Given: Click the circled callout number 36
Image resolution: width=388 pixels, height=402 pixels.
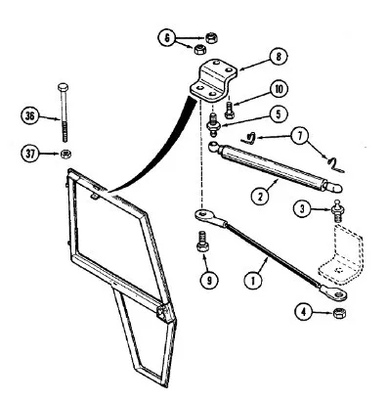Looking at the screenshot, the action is click(x=29, y=116).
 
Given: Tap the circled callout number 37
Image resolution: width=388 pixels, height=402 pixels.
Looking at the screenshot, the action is click(x=30, y=153).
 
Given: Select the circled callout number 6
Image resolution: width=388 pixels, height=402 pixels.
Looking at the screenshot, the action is click(x=167, y=38).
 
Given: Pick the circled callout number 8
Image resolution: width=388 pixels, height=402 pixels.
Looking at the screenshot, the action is click(x=279, y=57).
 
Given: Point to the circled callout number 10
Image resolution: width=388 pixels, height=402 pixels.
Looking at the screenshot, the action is click(x=279, y=89).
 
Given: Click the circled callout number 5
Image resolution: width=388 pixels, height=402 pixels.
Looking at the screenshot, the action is click(x=278, y=113).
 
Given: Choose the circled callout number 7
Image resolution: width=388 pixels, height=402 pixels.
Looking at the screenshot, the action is click(x=300, y=137).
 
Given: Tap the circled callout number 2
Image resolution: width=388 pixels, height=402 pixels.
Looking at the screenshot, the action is click(x=260, y=197).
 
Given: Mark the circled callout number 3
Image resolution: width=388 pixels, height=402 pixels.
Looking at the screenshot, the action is click(x=302, y=208).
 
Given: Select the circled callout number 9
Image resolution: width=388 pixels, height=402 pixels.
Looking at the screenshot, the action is click(x=208, y=280).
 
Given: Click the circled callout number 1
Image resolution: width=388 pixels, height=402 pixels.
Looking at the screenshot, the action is click(x=253, y=280).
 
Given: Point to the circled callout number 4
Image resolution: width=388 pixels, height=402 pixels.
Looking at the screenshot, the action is click(x=304, y=312).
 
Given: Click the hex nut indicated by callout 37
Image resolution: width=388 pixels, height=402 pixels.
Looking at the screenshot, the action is click(x=66, y=154).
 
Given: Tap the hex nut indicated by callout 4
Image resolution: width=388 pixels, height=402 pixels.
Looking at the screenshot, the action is click(x=340, y=313).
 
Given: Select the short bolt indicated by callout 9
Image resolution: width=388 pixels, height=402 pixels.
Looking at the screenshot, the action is click(x=202, y=242).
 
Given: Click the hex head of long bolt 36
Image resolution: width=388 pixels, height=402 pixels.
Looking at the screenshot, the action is click(x=63, y=87).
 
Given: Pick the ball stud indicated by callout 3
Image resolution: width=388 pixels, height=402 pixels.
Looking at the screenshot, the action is click(x=336, y=211).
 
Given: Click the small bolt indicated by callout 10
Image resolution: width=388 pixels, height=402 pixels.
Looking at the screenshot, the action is click(x=229, y=111).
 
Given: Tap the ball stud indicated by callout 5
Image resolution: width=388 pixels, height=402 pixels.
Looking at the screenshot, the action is click(x=214, y=125).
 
